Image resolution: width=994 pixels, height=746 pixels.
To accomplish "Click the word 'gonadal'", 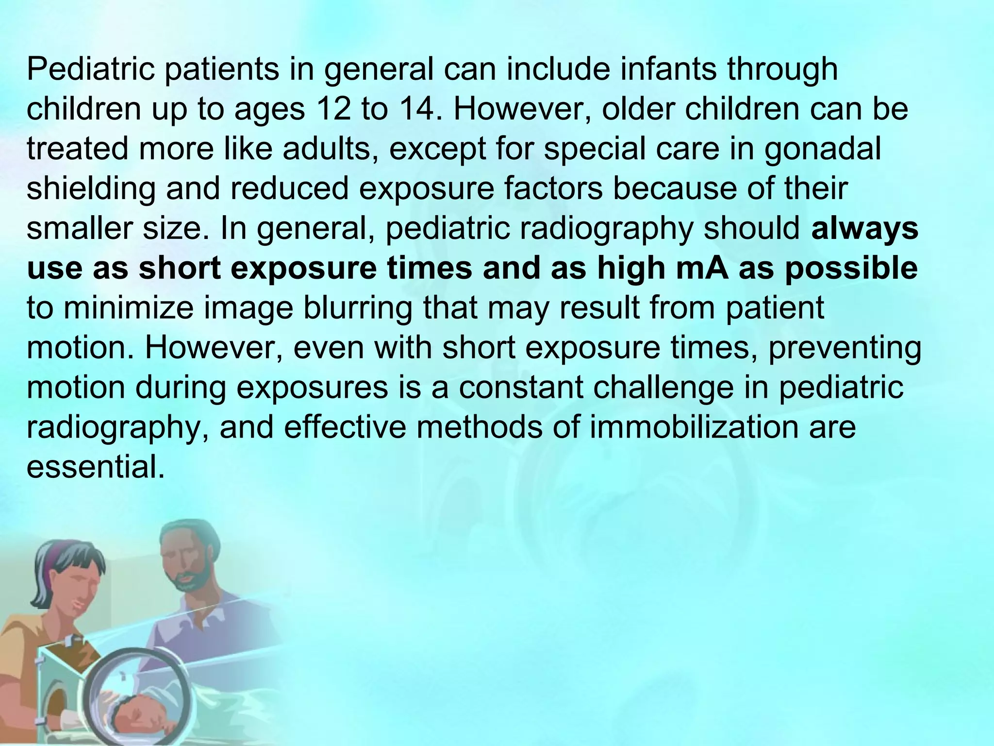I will (x=822, y=149).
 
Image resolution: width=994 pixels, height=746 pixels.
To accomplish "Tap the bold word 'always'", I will (x=864, y=229).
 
